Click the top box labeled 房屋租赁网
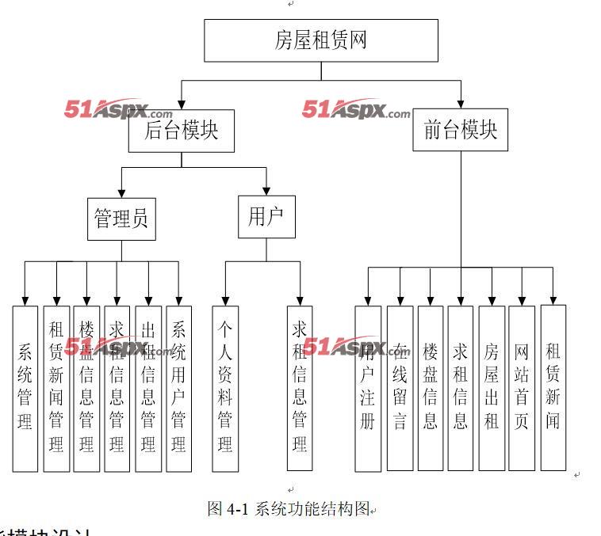pyautogui.click(x=320, y=40)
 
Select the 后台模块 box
pyautogui.click(x=182, y=131)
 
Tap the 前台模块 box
pyautogui.click(x=461, y=131)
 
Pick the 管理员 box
pyautogui.click(x=121, y=218)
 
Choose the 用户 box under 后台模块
pyautogui.click(x=266, y=217)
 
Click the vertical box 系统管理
pyautogui.click(x=25, y=388)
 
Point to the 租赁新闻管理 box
pyautogui.click(x=56, y=388)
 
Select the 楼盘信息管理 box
pyautogui.click(x=86, y=388)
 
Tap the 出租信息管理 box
pyautogui.click(x=148, y=388)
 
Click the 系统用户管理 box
pyautogui.click(x=178, y=388)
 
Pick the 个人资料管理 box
pyautogui.click(x=225, y=388)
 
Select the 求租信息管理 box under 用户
pyautogui.click(x=300, y=388)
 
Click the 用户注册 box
pyautogui.click(x=368, y=388)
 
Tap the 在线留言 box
pyautogui.click(x=400, y=388)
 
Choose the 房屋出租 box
pyautogui.click(x=492, y=388)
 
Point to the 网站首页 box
pyautogui.click(x=521, y=388)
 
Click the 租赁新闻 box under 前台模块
pyautogui.click(x=553, y=388)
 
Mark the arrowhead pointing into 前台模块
pyautogui.click(x=461, y=103)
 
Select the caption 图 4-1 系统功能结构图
pyautogui.click(x=289, y=509)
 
